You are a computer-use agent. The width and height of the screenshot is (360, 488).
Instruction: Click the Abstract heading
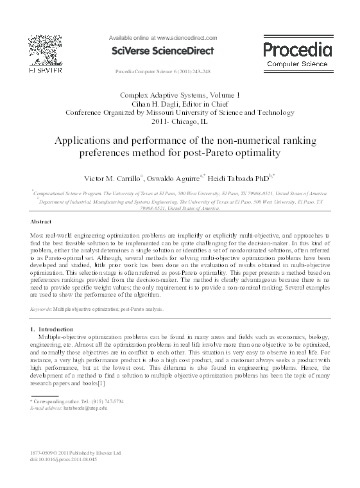tap(42, 220)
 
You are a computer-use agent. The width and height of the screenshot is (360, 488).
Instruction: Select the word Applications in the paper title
tap(90, 141)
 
